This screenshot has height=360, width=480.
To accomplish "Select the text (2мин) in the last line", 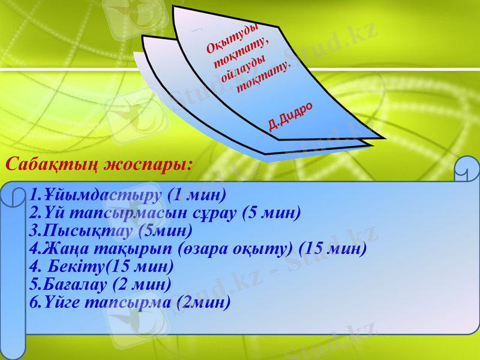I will tap(205, 302).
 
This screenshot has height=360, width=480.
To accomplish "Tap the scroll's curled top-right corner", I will tap(466, 171).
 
